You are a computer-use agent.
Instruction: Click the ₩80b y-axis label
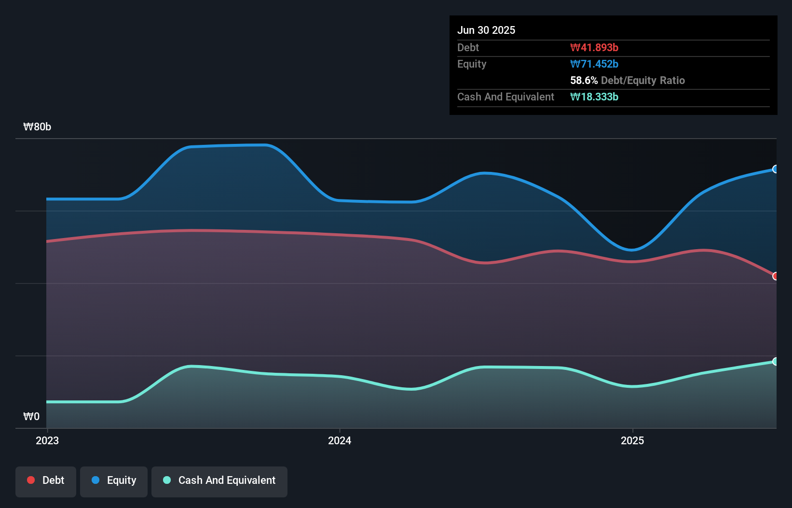[x=37, y=127]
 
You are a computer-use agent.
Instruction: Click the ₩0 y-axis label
[x=31, y=416]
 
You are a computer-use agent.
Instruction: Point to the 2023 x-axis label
[x=47, y=440]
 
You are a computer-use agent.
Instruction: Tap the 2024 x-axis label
[x=340, y=440]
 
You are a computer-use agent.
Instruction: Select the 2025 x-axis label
[x=632, y=440]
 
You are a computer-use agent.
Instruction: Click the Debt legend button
[x=46, y=480]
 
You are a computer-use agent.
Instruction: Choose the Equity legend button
[x=114, y=480]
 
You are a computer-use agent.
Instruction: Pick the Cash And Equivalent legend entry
[x=219, y=480]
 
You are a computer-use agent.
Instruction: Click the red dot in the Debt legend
[x=31, y=480]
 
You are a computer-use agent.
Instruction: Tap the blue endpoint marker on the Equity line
[x=775, y=169]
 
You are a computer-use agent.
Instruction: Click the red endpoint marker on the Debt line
[x=775, y=276]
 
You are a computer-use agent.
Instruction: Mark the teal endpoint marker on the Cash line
[x=775, y=361]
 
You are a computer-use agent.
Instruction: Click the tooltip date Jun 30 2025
[x=486, y=30]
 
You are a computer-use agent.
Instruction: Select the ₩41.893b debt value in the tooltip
[x=594, y=47]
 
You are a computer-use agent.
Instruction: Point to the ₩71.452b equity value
[x=594, y=64]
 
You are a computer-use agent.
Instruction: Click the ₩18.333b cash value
[x=594, y=97]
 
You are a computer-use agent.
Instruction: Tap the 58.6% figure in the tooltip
[x=584, y=80]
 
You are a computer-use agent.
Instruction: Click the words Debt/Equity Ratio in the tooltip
[x=643, y=80]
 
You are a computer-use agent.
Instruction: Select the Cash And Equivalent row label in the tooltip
[x=505, y=97]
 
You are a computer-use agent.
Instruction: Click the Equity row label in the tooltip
[x=472, y=64]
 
